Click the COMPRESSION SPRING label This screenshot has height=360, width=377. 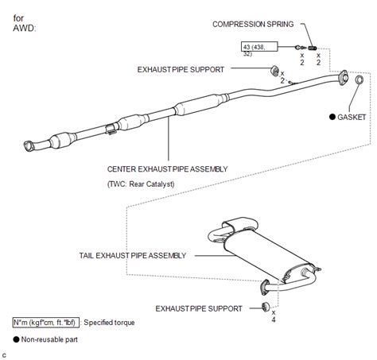click(x=253, y=24)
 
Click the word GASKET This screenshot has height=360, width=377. click(x=352, y=117)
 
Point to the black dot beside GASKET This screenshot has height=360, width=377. click(x=332, y=117)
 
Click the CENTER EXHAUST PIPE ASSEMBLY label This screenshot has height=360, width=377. click(x=167, y=169)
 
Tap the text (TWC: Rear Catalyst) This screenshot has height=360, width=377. click(x=141, y=184)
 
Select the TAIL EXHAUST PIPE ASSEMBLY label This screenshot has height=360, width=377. click(x=133, y=256)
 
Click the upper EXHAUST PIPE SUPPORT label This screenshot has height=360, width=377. click(x=181, y=70)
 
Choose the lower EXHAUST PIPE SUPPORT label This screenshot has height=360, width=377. click(x=199, y=308)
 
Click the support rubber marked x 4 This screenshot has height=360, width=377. click(x=266, y=307)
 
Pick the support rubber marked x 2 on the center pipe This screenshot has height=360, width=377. click(x=274, y=71)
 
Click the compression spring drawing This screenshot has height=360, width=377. click(x=313, y=48)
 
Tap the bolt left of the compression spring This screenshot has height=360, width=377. click(x=300, y=48)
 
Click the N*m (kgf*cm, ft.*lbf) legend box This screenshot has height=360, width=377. click(x=46, y=323)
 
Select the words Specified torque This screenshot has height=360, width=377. click(x=109, y=323)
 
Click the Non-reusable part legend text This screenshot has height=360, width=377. click(x=49, y=339)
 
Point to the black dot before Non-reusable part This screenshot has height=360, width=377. click(x=16, y=339)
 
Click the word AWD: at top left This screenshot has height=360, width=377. click(x=24, y=28)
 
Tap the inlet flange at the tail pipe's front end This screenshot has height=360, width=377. click(x=264, y=287)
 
